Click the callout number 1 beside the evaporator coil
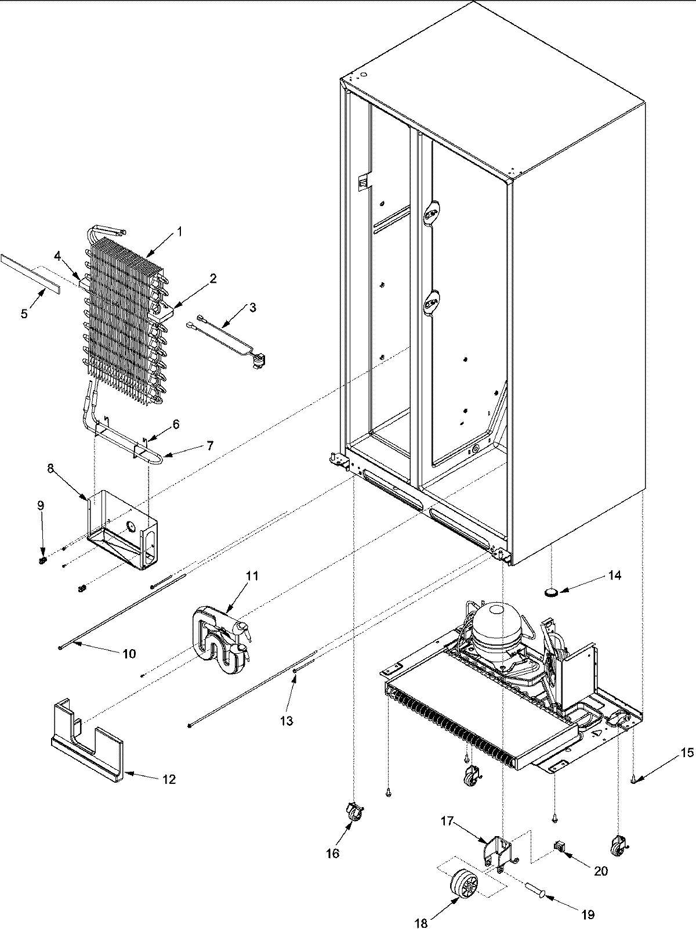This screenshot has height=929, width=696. click(179, 232)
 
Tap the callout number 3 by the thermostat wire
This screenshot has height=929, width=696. click(252, 308)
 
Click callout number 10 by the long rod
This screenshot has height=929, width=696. click(129, 654)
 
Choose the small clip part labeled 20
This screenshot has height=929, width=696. click(560, 847)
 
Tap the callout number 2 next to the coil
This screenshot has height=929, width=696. click(213, 279)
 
